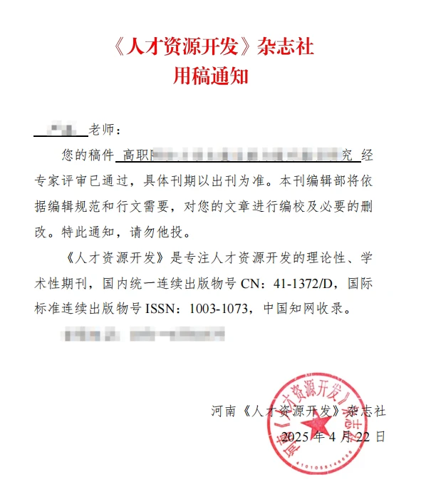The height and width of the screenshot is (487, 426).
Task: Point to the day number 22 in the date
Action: [368, 436]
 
